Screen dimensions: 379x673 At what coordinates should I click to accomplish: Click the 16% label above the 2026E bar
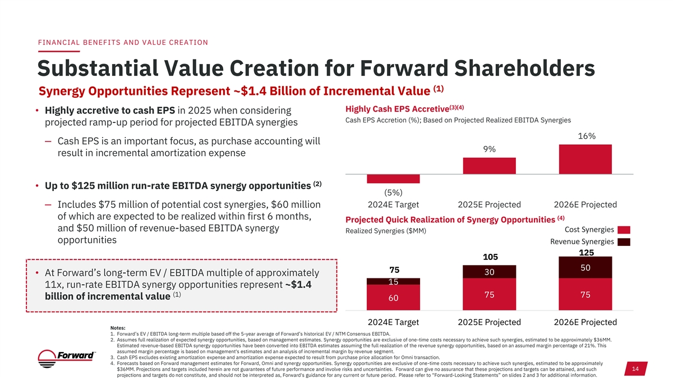tap(586, 136)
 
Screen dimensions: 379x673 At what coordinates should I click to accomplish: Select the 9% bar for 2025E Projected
tap(489, 166)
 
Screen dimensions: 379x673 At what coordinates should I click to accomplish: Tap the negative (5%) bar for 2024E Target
tap(393, 179)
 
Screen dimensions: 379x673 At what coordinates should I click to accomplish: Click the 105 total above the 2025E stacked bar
tap(489, 257)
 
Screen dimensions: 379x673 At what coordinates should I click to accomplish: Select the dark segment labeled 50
tap(586, 268)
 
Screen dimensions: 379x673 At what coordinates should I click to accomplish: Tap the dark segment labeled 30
tap(489, 272)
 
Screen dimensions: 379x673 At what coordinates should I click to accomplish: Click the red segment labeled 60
tap(393, 298)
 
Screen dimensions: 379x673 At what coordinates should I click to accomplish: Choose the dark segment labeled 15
tap(393, 281)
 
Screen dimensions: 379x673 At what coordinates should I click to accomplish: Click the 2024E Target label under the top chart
tap(393, 204)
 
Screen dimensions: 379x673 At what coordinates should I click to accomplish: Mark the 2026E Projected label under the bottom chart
tap(586, 322)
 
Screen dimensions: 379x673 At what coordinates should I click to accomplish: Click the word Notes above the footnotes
tap(118, 328)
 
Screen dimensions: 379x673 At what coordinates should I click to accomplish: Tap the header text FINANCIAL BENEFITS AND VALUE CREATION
tap(122, 42)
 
